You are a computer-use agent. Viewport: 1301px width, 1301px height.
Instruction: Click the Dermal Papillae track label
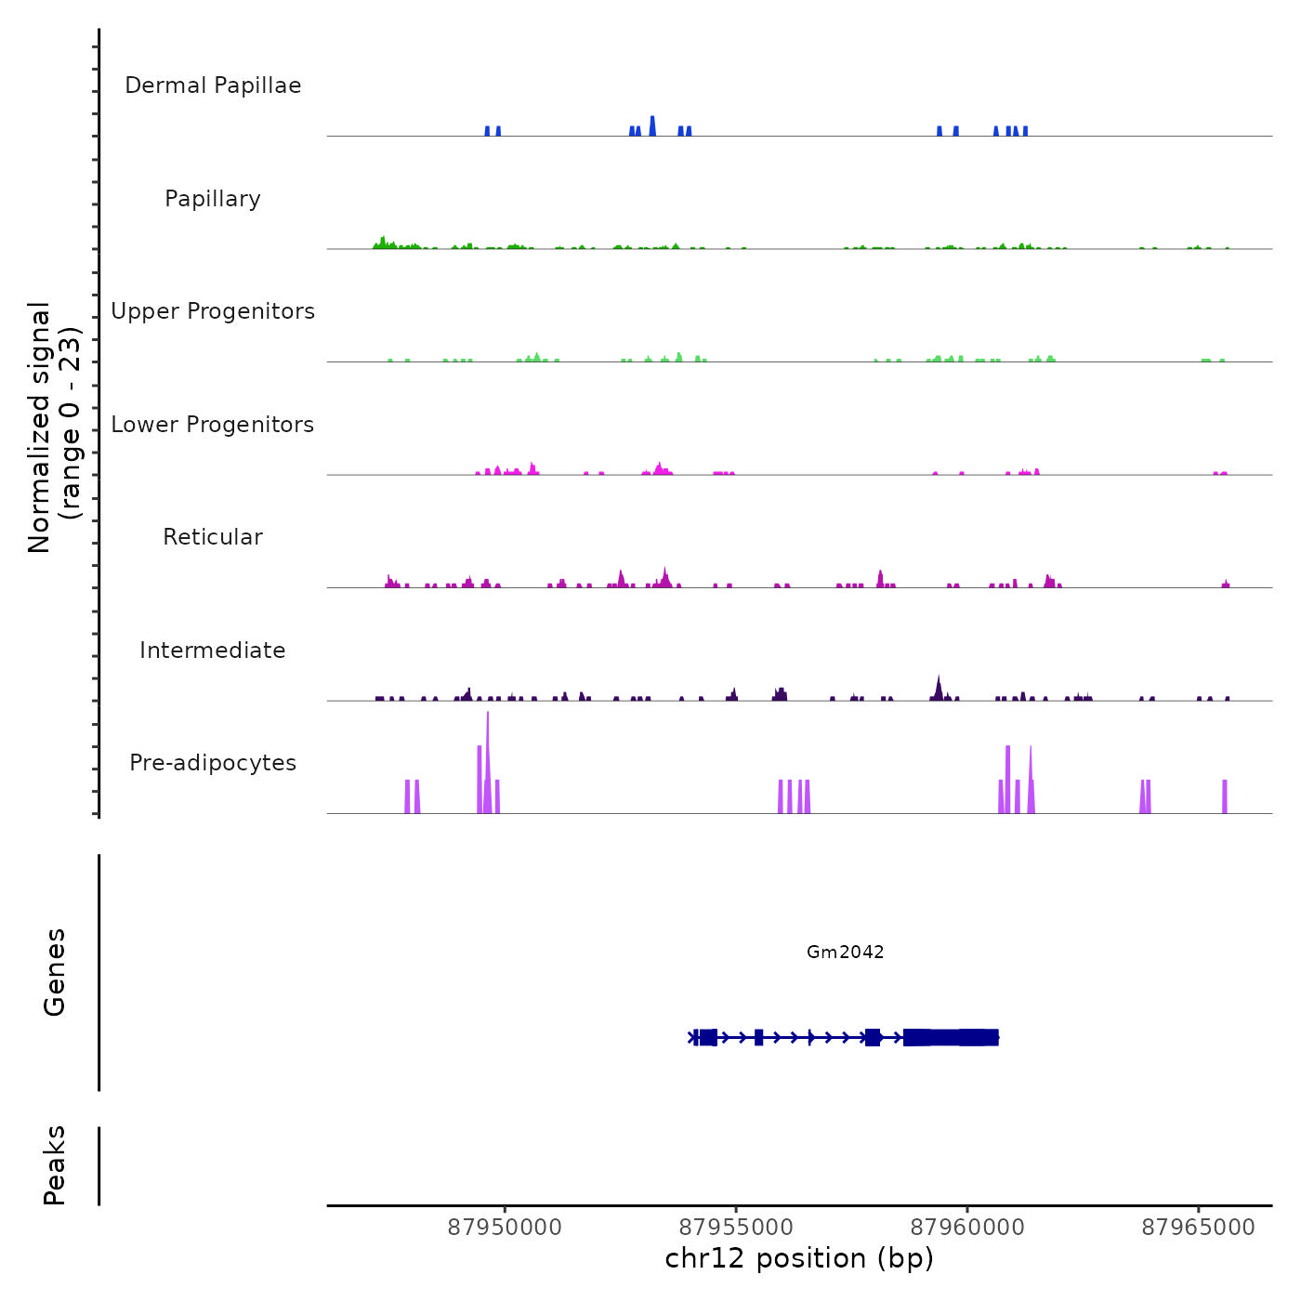(213, 85)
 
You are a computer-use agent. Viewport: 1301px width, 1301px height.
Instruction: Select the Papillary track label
(213, 199)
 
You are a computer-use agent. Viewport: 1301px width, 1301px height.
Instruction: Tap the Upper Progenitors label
(213, 311)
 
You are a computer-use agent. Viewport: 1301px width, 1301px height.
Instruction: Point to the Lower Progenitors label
(213, 425)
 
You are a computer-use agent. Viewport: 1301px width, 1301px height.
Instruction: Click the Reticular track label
(213, 537)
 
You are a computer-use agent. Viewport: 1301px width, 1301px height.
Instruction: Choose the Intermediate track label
(213, 650)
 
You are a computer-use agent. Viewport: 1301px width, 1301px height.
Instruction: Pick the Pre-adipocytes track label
(213, 763)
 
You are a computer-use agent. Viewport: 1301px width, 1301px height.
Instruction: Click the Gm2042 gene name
(845, 952)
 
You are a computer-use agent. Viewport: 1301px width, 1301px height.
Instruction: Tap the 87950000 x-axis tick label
(505, 1227)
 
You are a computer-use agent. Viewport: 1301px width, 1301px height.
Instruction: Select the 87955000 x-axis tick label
(736, 1227)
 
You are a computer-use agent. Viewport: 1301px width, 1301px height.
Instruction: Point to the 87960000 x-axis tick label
(967, 1227)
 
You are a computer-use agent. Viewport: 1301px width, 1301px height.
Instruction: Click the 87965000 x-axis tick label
(1198, 1227)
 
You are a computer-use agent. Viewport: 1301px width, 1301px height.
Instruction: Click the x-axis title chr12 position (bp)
(799, 1258)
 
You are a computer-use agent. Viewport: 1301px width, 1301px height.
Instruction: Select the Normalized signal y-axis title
(54, 427)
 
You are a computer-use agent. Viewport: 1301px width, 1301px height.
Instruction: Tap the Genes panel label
(55, 972)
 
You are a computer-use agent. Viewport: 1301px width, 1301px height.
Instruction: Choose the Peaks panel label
(55, 1165)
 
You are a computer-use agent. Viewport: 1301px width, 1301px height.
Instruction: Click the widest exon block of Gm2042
(951, 1037)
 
